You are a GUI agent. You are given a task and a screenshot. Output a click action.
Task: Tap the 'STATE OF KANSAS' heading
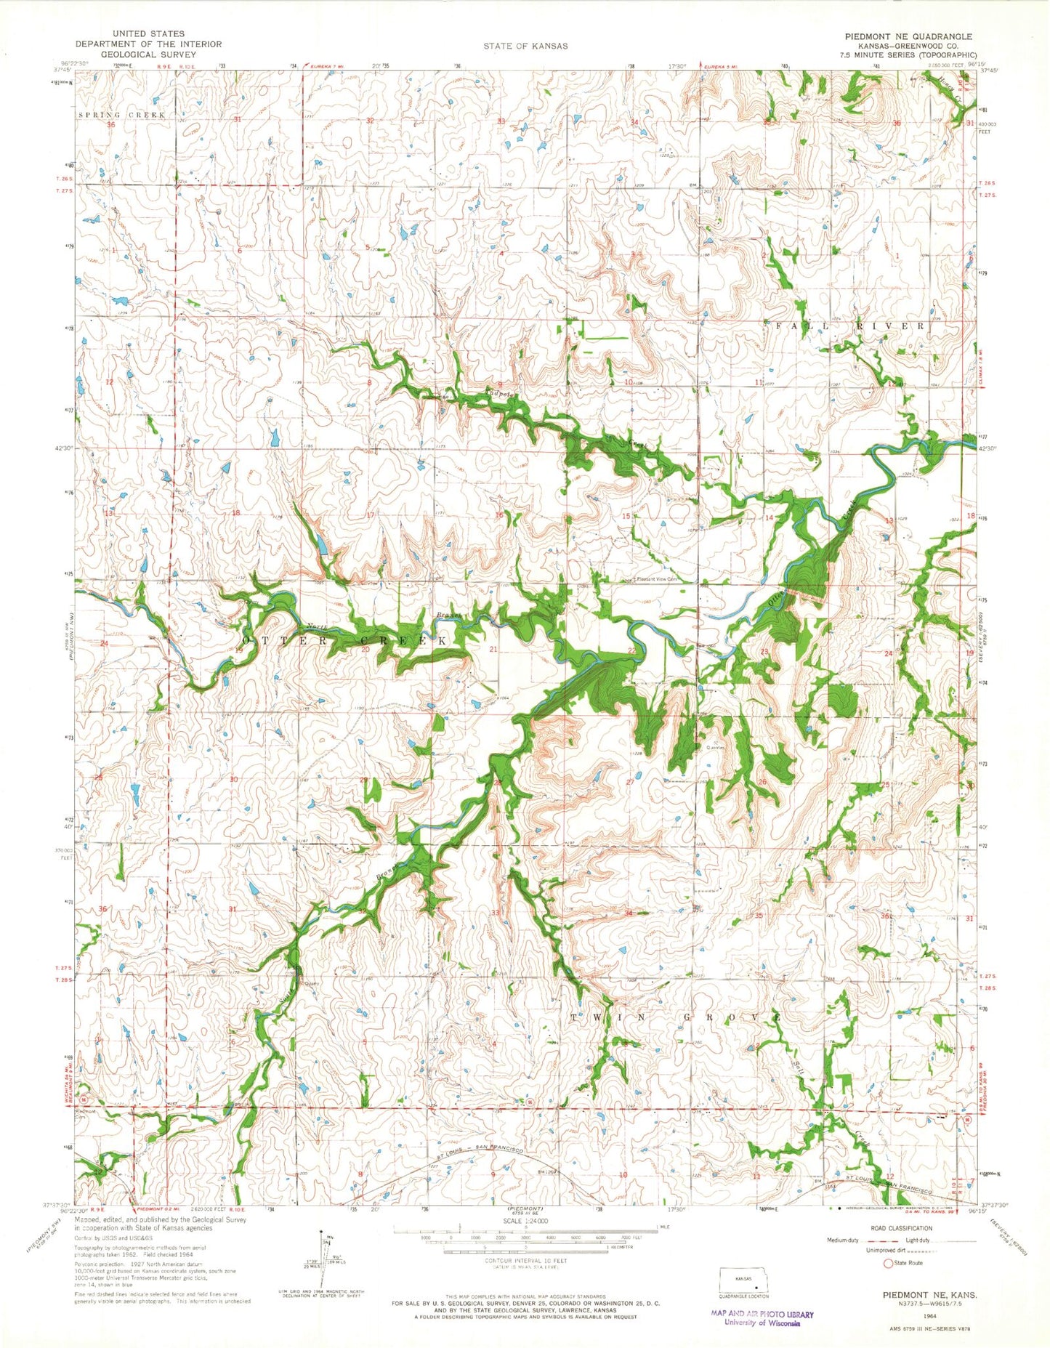(x=525, y=46)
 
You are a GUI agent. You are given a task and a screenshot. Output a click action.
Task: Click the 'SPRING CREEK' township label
(x=122, y=115)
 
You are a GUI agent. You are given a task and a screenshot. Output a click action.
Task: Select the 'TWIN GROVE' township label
(x=676, y=1017)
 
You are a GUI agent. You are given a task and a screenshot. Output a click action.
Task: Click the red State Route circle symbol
(x=887, y=1264)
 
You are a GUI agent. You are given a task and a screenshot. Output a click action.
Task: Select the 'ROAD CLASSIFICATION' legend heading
(x=900, y=1228)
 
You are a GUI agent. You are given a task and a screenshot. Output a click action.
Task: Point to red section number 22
(x=632, y=650)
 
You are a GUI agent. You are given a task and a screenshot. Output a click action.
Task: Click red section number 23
(x=764, y=651)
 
